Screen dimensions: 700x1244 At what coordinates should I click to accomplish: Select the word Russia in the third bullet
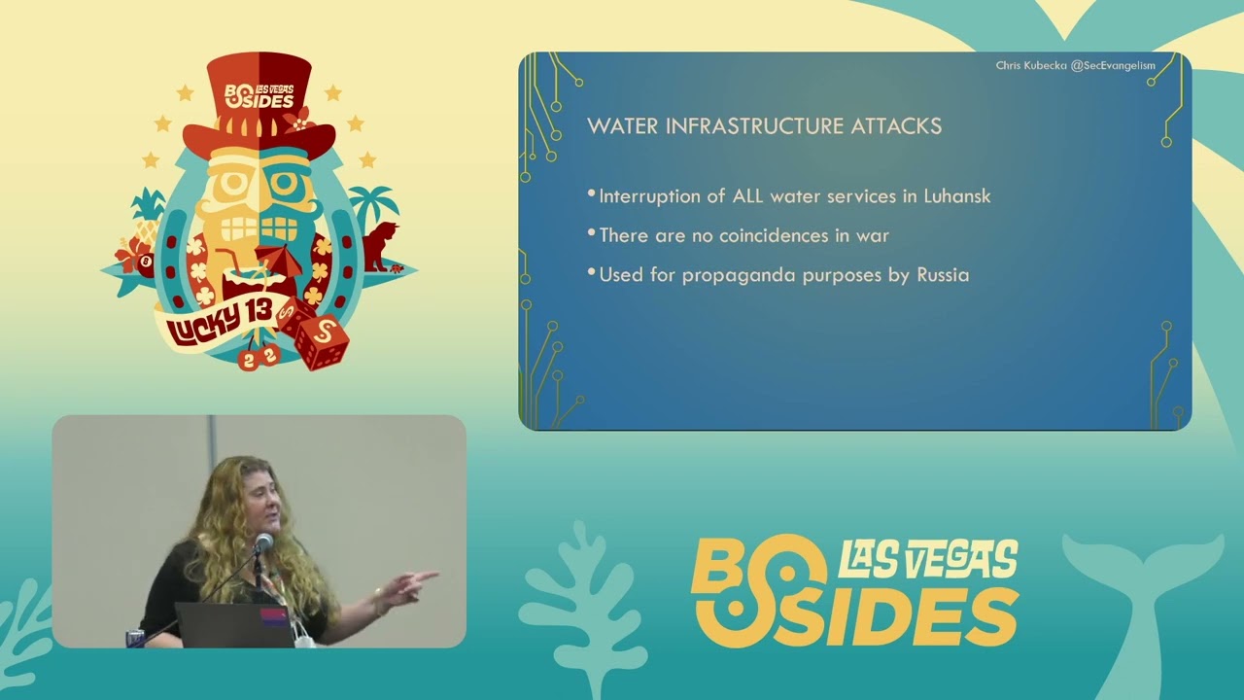click(943, 275)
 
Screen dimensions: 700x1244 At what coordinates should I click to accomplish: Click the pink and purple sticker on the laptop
click(275, 617)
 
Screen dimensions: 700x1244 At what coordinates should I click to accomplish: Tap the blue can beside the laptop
click(135, 639)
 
